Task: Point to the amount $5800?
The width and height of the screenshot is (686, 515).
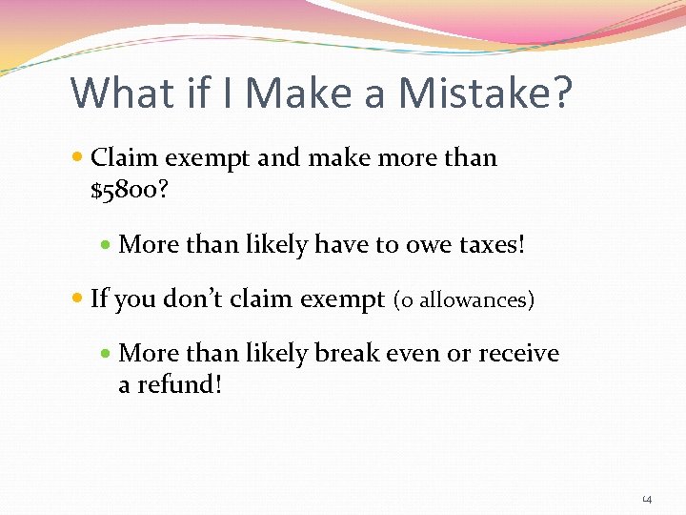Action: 130,191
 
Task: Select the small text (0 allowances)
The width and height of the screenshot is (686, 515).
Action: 464,300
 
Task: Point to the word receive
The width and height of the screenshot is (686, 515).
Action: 518,354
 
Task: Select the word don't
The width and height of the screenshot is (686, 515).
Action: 201,299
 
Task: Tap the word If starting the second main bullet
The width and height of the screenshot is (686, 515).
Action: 98,299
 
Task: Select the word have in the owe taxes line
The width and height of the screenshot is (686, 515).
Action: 340,245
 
